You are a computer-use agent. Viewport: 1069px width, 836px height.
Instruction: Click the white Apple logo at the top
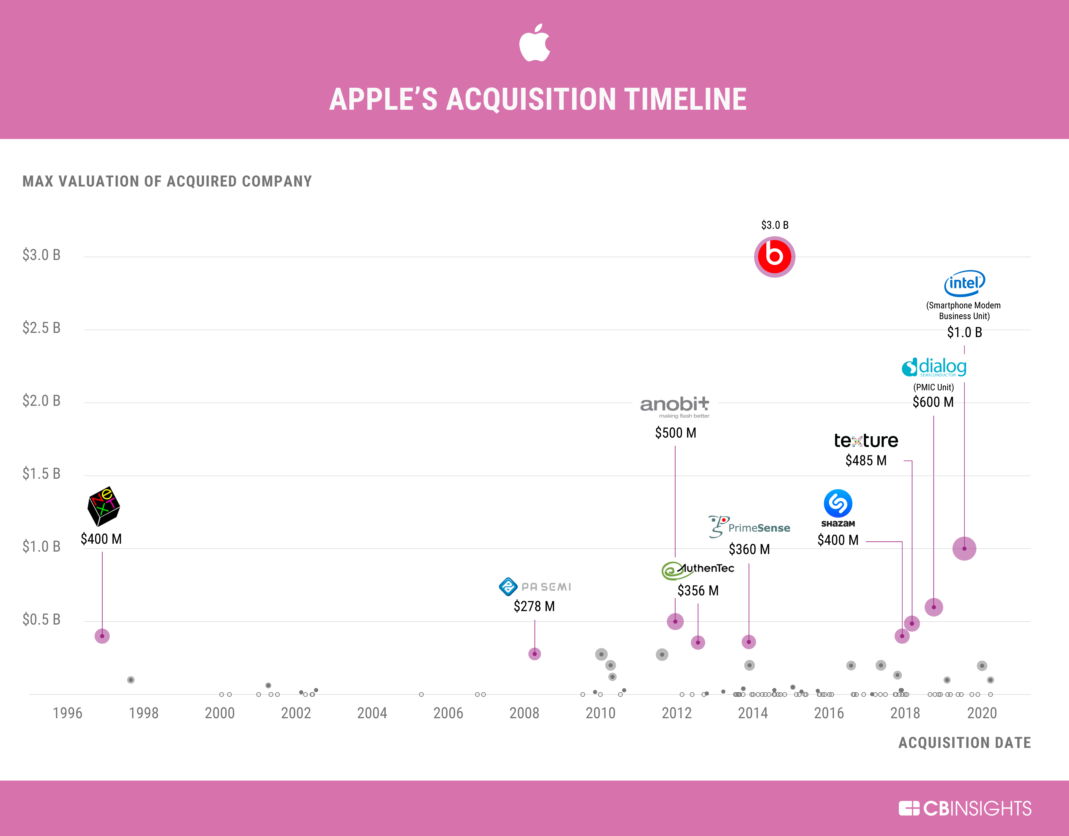(x=535, y=43)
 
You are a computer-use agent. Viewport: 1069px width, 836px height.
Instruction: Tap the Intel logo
(x=964, y=283)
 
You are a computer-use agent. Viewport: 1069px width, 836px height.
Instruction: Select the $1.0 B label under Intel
(x=964, y=333)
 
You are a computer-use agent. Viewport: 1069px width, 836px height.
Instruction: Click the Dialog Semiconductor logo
(x=934, y=367)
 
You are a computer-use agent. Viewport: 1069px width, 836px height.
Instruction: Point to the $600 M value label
(x=933, y=402)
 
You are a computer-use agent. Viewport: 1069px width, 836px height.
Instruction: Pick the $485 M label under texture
(x=866, y=460)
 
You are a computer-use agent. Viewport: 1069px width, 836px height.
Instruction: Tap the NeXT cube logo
(x=103, y=506)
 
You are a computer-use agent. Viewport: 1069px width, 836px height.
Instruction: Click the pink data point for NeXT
(x=102, y=636)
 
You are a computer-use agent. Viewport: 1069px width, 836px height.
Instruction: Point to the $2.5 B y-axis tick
(x=42, y=328)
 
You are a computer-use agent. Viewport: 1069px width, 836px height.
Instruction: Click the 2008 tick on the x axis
(x=524, y=713)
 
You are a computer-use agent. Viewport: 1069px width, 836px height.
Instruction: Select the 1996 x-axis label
(x=68, y=713)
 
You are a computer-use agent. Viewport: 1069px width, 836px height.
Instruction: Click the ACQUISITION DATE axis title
(x=964, y=743)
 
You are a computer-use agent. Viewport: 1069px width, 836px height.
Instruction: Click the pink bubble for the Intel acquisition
(x=964, y=549)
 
